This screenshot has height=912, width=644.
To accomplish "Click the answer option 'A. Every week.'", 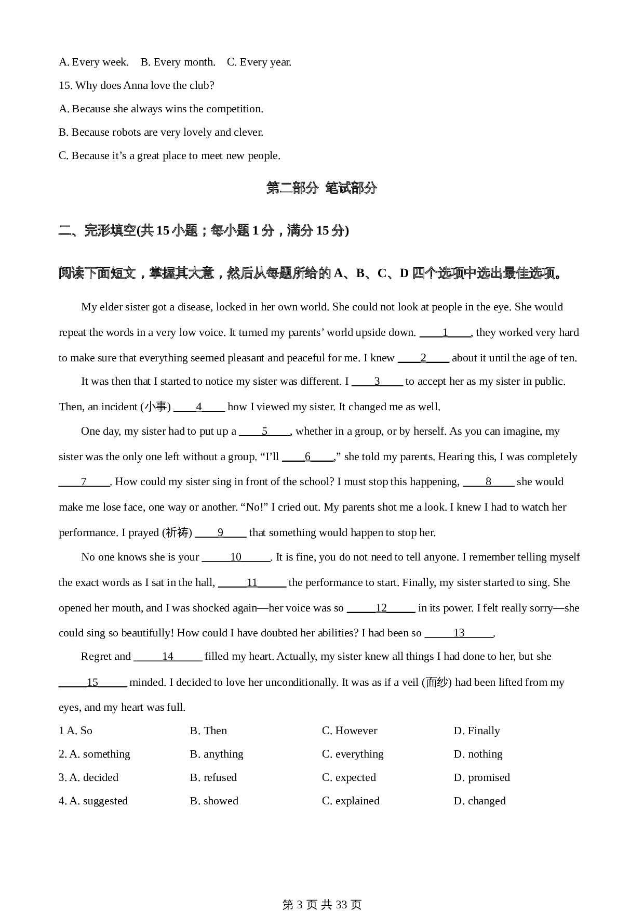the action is (x=93, y=62).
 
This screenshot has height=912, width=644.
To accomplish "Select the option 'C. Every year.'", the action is (x=259, y=62).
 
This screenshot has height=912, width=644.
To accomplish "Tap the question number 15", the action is (x=65, y=86).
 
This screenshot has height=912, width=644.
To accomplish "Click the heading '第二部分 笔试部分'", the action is (x=321, y=188).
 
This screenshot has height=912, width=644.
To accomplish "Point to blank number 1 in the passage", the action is (x=445, y=333).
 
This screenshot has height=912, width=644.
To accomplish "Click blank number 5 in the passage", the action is (x=264, y=432).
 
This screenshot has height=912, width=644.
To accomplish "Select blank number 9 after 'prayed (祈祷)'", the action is (x=220, y=533).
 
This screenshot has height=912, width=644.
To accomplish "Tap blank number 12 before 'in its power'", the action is (x=381, y=608).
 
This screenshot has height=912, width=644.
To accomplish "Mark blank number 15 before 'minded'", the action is (x=92, y=683).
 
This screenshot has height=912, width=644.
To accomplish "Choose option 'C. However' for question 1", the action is (x=350, y=731).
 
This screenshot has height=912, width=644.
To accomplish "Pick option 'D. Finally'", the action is (x=477, y=731).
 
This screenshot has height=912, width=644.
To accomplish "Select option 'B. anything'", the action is (x=217, y=754).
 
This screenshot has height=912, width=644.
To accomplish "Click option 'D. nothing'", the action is (x=478, y=754).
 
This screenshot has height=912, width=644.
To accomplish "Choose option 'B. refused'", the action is (x=213, y=778).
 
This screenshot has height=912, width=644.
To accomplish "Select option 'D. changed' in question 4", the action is (x=479, y=801).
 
